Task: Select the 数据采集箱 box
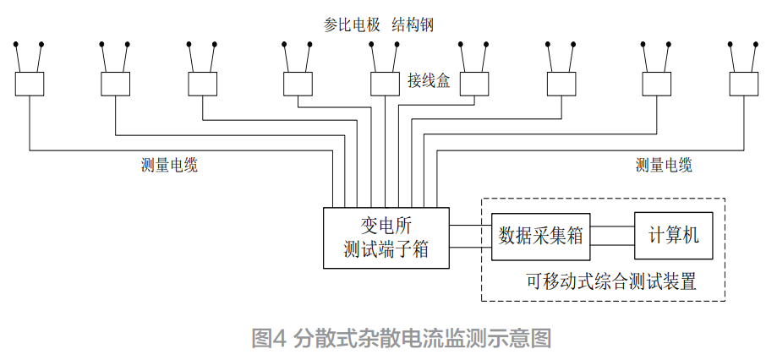point(541,236)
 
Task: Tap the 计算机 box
point(673,235)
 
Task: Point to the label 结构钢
point(413,25)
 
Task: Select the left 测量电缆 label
point(169,166)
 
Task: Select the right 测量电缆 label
point(664,166)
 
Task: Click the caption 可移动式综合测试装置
point(611,281)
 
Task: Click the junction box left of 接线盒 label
point(386,84)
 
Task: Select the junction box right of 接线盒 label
point(473,84)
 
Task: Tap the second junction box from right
point(656,84)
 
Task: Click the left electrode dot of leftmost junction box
point(15,43)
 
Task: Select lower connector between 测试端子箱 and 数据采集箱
point(471,247)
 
